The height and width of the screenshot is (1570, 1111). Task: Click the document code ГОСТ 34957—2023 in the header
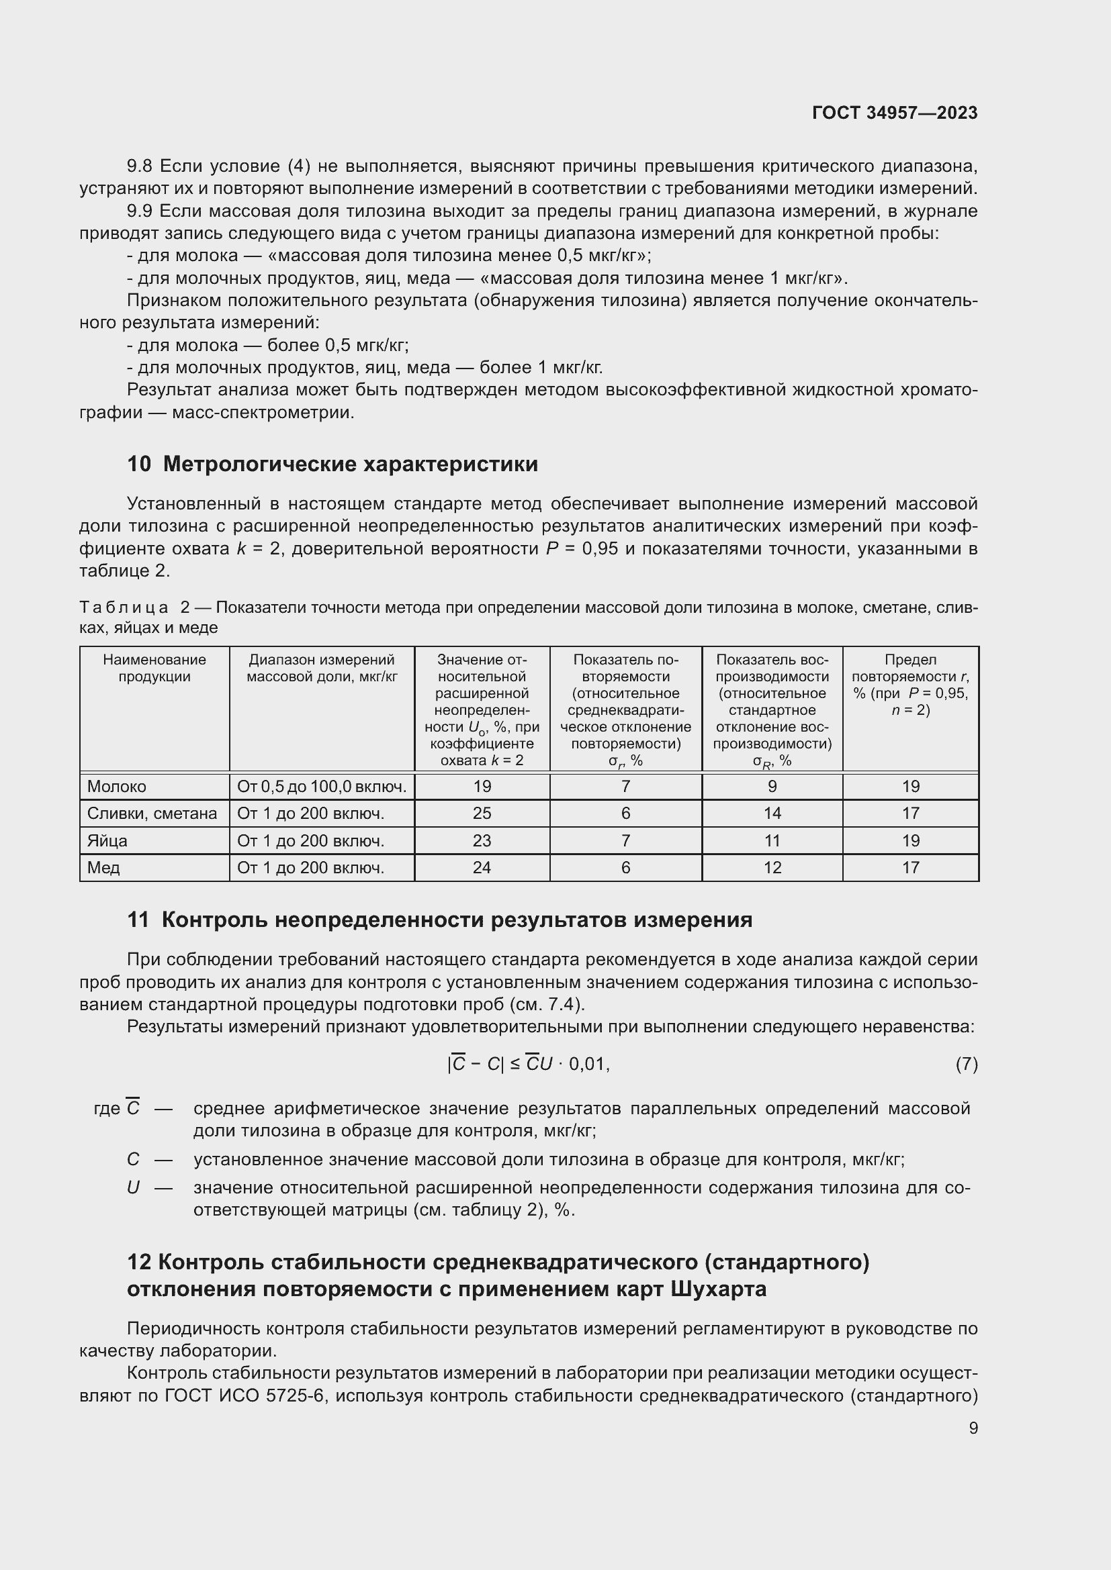click(x=894, y=113)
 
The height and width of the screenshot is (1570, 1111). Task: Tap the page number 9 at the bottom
click(x=973, y=1428)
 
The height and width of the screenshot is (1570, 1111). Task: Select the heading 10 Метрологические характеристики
click(x=332, y=464)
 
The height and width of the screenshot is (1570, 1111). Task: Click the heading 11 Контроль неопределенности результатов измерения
click(x=439, y=920)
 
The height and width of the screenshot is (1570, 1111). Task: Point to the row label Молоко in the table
click(x=117, y=787)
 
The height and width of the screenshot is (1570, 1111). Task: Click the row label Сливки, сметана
click(x=152, y=813)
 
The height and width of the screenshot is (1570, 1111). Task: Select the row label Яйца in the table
click(x=107, y=840)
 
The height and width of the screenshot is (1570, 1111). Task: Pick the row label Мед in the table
click(x=103, y=868)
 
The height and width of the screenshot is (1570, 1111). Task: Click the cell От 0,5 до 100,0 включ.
click(x=322, y=787)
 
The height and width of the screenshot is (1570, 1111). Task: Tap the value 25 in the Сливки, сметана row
click(x=482, y=813)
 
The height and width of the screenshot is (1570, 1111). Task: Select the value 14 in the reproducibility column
click(x=772, y=813)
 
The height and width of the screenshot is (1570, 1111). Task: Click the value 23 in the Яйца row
click(x=482, y=840)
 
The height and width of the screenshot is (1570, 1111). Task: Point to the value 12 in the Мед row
click(x=772, y=868)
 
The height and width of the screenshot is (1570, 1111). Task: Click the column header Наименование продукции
click(x=154, y=668)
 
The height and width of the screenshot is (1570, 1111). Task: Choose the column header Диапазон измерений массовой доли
click(x=322, y=668)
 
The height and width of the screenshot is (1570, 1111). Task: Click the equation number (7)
click(x=966, y=1065)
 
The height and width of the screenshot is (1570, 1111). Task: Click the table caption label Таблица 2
click(x=134, y=607)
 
